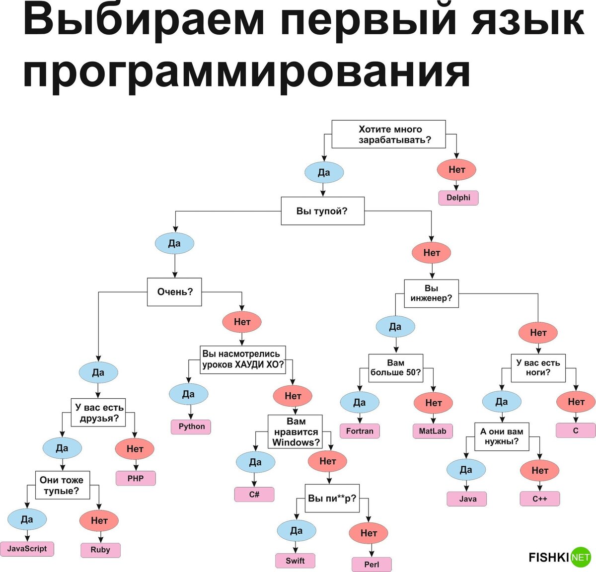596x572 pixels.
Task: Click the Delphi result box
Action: pos(458,198)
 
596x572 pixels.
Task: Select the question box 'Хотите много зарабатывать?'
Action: pos(388,134)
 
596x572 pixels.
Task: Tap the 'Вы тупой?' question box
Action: pos(322,211)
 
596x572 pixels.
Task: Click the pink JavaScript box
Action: pos(27,549)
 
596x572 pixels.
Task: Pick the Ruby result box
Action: pos(100,550)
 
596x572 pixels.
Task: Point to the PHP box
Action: pos(135,479)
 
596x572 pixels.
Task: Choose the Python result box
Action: pos(191,427)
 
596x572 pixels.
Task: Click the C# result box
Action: pos(254,495)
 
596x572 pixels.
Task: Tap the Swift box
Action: pos(295,561)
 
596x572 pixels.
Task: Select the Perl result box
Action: pos(372,565)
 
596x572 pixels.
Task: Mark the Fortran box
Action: pos(360,431)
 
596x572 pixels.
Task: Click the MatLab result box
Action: pos(433,431)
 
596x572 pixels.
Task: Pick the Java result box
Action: pos(467,499)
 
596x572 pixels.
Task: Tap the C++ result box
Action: pos(540,499)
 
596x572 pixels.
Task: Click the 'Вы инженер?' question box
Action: pos(431,293)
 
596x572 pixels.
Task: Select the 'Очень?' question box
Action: pos(174,291)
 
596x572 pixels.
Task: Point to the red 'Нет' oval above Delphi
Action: pos(456,170)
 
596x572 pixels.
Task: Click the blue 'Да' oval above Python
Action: pos(188,394)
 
